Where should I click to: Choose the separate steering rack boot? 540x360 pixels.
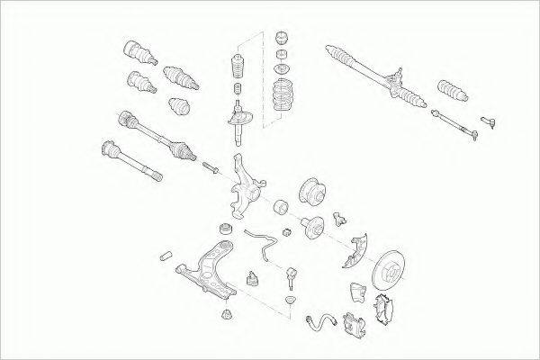click(449, 94)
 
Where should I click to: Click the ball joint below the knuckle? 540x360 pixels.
click(292, 274)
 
